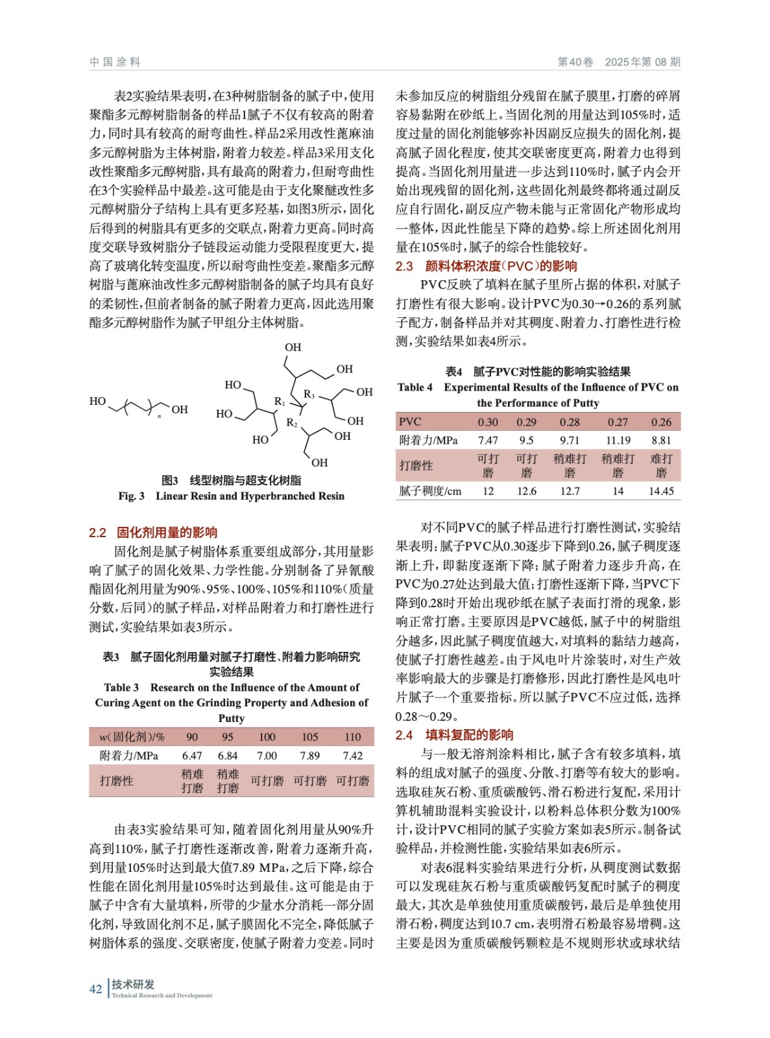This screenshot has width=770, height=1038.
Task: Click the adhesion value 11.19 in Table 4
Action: pyautogui.click(x=618, y=440)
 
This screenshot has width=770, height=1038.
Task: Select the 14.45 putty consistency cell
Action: pyautogui.click(x=660, y=491)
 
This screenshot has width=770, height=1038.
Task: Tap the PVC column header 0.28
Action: pyautogui.click(x=570, y=422)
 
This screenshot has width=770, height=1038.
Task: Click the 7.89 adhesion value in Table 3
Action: pyautogui.click(x=309, y=756)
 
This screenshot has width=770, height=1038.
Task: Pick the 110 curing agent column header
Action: pyautogui.click(x=352, y=737)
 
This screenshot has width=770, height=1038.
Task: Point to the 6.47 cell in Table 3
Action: pyautogui.click(x=192, y=756)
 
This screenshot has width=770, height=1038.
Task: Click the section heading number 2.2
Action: pyautogui.click(x=97, y=533)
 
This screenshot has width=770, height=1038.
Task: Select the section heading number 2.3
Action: pyautogui.click(x=404, y=266)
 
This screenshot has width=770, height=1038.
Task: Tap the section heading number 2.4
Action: pyautogui.click(x=404, y=735)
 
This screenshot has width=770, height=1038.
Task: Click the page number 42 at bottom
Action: pyautogui.click(x=95, y=989)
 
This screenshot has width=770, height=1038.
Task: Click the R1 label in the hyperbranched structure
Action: pyautogui.click(x=280, y=402)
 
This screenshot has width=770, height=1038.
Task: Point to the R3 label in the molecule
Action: pyautogui.click(x=309, y=394)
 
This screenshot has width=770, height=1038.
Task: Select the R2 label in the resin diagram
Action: pyautogui.click(x=292, y=423)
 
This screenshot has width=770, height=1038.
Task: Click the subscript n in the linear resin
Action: pyautogui.click(x=159, y=416)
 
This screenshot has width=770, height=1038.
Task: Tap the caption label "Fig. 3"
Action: pyautogui.click(x=131, y=496)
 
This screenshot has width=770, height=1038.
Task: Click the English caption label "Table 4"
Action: pyautogui.click(x=415, y=387)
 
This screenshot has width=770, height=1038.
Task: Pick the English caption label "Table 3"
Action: pyautogui.click(x=121, y=688)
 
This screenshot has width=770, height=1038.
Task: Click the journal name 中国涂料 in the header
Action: pyautogui.click(x=115, y=62)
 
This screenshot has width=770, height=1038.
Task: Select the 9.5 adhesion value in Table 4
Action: pyautogui.click(x=526, y=440)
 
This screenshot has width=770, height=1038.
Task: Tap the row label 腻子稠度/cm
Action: pyautogui.click(x=430, y=491)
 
